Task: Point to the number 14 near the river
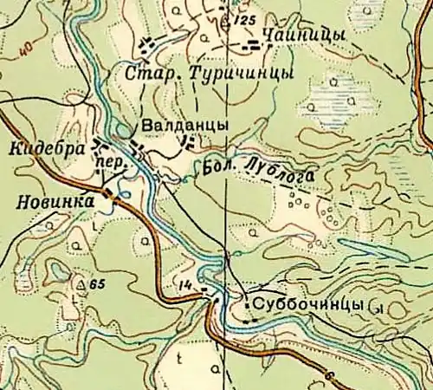(x=184, y=285)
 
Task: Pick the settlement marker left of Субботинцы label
(x=248, y=304)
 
